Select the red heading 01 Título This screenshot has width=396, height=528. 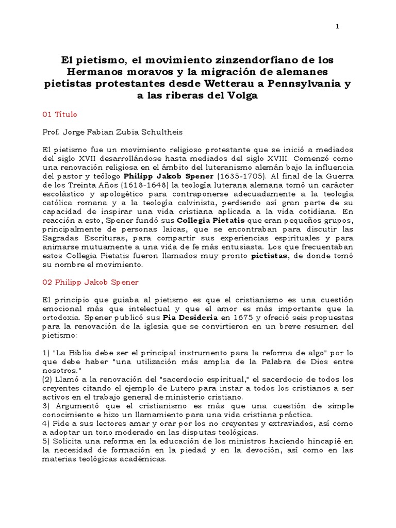(62, 114)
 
